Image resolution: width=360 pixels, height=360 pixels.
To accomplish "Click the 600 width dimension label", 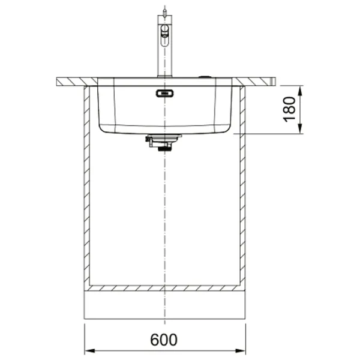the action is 164,340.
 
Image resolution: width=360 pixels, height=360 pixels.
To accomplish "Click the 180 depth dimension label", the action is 289,109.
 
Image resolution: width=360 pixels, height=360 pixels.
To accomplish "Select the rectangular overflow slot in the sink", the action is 164,93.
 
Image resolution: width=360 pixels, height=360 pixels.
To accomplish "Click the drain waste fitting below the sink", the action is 163,143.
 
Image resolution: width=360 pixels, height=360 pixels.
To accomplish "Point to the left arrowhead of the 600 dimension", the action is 89,351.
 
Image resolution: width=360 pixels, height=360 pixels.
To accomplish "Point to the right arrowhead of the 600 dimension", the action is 241,351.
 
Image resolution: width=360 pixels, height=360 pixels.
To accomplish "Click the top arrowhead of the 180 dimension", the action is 300,91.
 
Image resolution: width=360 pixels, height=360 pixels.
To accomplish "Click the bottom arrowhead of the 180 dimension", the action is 300,128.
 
